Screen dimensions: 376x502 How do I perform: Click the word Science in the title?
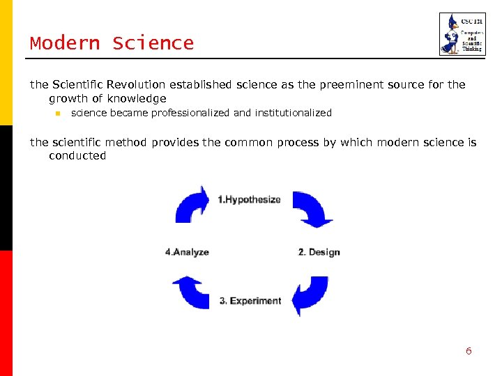153,43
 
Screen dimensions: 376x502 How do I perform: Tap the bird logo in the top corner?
462,34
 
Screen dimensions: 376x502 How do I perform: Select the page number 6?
469,351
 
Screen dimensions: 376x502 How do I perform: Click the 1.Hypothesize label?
249,200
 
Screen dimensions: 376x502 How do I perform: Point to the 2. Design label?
319,252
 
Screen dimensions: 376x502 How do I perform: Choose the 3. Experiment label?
250,301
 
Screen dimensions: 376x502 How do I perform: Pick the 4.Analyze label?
187,252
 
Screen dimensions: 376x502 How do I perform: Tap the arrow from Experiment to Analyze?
190,292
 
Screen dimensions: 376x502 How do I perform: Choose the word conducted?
77,156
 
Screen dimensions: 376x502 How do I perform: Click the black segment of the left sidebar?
6,188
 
